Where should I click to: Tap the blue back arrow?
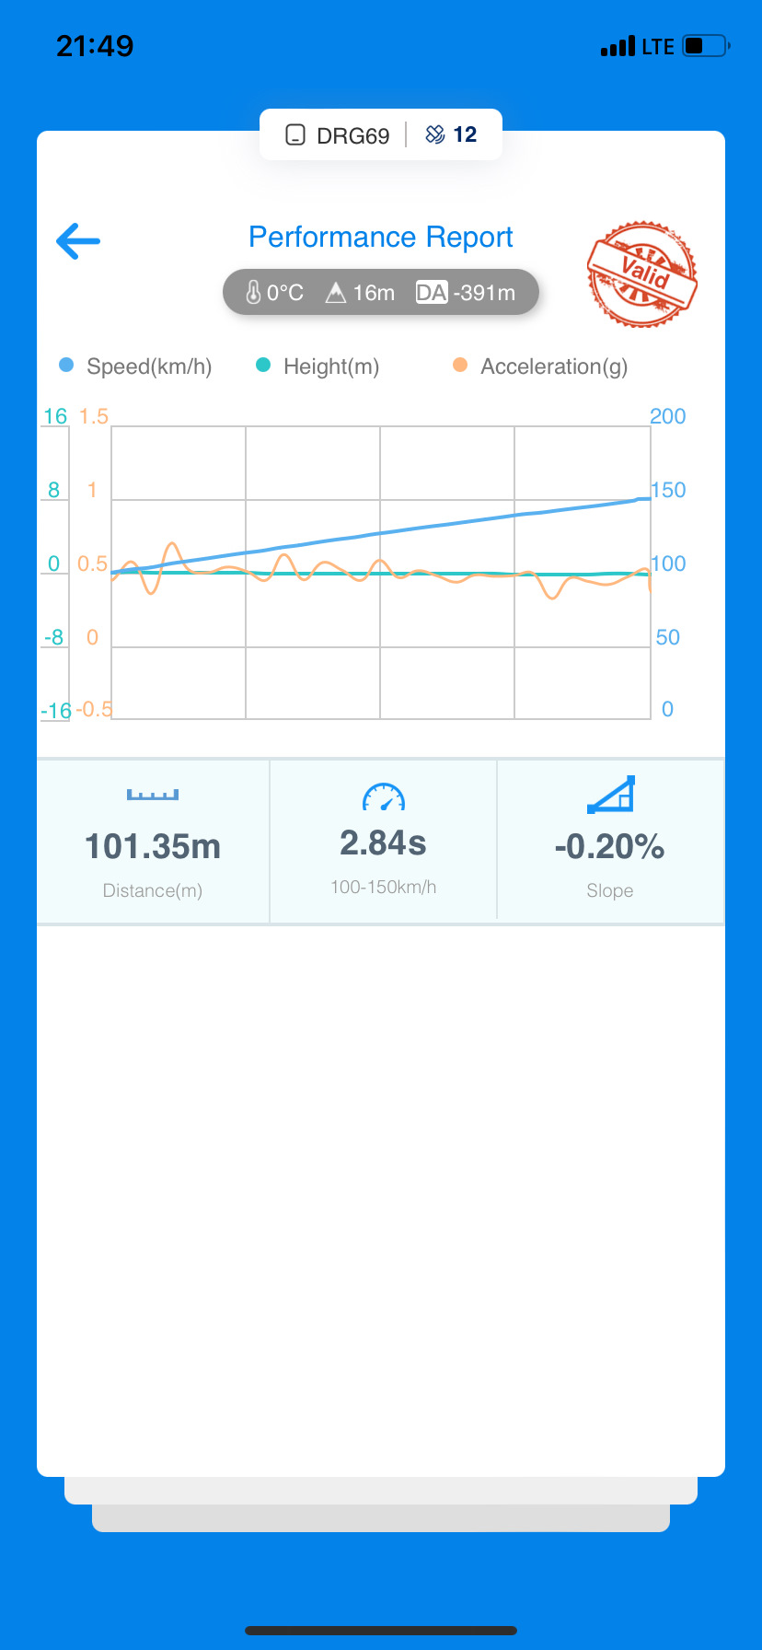point(78,241)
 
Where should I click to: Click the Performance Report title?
point(380,238)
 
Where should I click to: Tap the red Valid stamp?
point(641,274)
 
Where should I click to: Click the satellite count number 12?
point(465,134)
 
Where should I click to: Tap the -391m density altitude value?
point(484,293)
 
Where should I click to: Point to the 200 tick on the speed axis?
point(667,416)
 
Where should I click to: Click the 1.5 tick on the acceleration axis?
point(93,416)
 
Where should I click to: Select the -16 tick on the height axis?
point(56,711)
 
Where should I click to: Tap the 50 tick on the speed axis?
point(667,637)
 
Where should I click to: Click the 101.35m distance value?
point(153,846)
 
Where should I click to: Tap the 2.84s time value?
point(383,842)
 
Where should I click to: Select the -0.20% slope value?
point(609,846)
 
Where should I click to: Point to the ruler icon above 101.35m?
point(153,795)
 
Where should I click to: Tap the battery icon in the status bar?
point(705,46)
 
